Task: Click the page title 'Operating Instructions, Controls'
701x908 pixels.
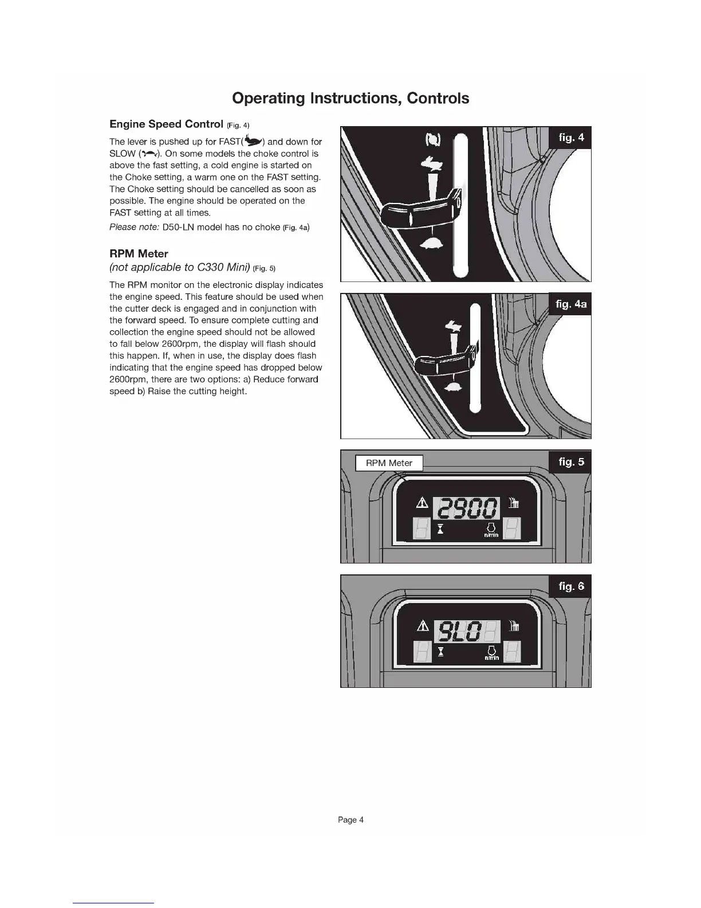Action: click(350, 98)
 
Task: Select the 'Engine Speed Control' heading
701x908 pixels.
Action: click(166, 124)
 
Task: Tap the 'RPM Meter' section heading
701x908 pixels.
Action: click(139, 253)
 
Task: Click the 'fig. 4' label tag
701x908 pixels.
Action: click(571, 138)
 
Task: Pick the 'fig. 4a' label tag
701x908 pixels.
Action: click(570, 304)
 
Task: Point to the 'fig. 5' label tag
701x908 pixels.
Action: click(571, 462)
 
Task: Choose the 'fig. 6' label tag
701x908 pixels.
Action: click(571, 586)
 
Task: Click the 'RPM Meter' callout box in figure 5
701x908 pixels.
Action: click(389, 463)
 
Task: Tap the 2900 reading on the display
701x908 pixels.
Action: click(467, 508)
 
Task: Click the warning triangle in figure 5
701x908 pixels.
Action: click(423, 503)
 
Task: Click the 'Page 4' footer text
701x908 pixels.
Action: click(350, 820)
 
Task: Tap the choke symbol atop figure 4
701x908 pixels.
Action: click(432, 140)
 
